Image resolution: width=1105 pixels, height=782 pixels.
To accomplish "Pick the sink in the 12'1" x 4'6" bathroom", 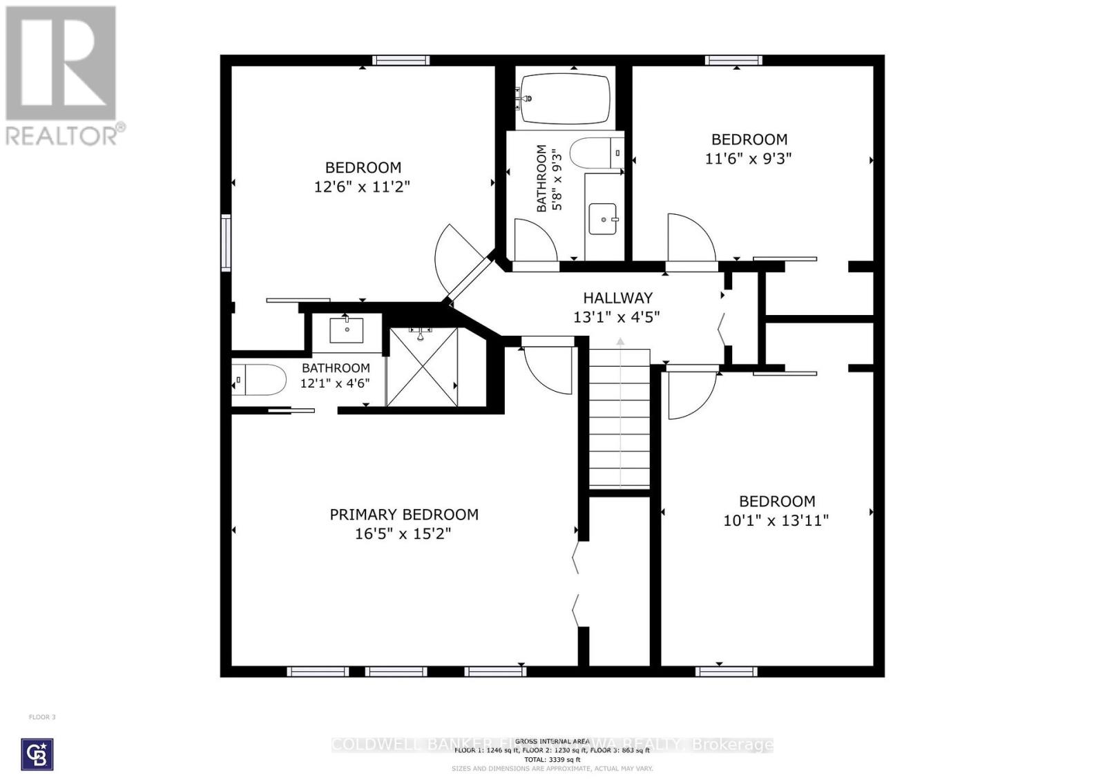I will tap(347, 330).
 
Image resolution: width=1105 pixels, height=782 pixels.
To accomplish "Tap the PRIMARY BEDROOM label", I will tap(403, 515).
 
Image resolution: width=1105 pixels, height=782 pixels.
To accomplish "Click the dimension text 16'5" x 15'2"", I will tap(403, 534).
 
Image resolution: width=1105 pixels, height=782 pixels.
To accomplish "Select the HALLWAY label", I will tap(617, 298).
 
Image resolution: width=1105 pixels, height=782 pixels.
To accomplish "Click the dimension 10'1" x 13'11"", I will tap(776, 521).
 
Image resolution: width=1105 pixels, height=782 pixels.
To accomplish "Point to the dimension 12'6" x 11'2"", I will tap(363, 187).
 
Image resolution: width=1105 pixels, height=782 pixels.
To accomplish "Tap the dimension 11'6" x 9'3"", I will tap(748, 158).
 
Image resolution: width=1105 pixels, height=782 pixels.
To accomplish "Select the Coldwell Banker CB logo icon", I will tap(37, 754).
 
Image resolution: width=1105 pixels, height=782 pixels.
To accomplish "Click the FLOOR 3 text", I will tap(42, 717).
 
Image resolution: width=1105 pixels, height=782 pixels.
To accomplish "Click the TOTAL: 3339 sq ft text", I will tap(552, 759).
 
